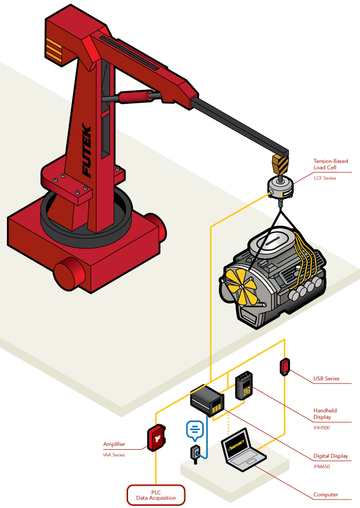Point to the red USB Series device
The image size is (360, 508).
285,366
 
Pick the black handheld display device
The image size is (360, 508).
244,385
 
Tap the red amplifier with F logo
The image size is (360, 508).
156,438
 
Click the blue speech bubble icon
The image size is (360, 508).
195,430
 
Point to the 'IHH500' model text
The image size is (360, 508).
321,427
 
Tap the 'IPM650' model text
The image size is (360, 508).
321,467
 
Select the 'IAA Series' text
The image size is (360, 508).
114,454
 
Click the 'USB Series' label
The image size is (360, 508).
326,379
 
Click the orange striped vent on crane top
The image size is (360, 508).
53,49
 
